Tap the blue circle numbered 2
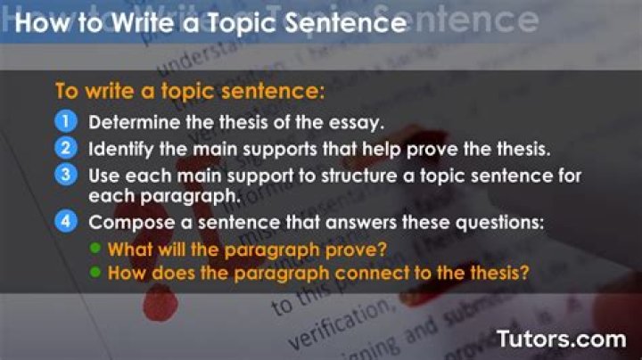pyautogui.click(x=68, y=147)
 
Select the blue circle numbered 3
pyautogui.click(x=68, y=174)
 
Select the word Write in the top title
pyautogui.click(x=137, y=22)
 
